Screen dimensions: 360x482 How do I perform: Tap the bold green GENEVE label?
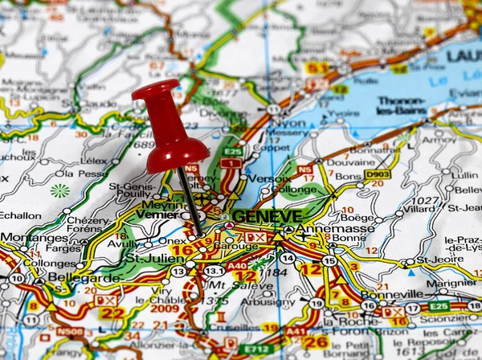pos(268,216)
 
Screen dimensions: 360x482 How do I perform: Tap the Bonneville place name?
pos(391,294)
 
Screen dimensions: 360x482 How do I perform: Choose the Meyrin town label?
pos(157,204)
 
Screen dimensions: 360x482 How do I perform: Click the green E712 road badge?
pos(256,349)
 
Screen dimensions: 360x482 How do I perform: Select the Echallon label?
pos(20,215)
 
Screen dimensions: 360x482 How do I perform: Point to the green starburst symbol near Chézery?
pos(59,191)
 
